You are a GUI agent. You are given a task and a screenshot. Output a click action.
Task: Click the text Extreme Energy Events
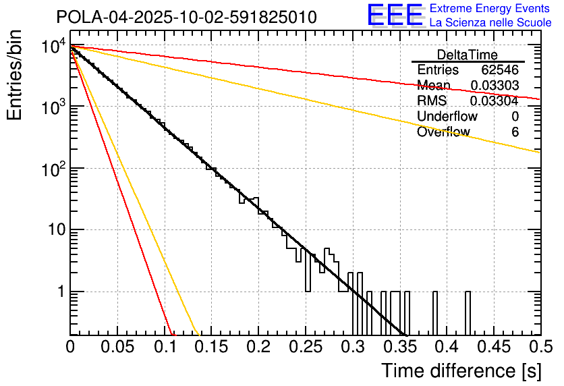(x=490, y=9)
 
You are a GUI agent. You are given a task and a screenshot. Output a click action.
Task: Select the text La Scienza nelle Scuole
(x=490, y=22)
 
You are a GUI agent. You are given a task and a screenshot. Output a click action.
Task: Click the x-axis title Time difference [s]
(x=460, y=370)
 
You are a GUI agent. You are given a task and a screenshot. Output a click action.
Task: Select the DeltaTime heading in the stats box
(x=468, y=55)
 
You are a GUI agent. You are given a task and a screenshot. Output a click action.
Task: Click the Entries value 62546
(x=500, y=70)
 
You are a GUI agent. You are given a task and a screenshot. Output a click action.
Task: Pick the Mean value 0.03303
(x=495, y=86)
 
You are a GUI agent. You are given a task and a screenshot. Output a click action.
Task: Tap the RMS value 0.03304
(x=495, y=101)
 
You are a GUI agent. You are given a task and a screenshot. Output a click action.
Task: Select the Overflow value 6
(x=515, y=132)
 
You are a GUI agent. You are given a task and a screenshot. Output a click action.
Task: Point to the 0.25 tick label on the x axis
(x=306, y=346)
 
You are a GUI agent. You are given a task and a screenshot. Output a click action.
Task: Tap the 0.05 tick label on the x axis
(x=117, y=346)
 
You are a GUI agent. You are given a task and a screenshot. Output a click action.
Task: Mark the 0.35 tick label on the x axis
(x=399, y=346)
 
